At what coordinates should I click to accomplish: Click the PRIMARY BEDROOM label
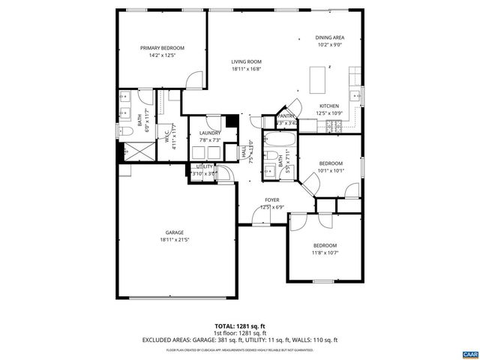click(x=161, y=48)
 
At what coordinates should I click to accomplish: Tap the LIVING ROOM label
click(x=245, y=62)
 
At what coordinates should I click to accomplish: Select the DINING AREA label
click(x=329, y=37)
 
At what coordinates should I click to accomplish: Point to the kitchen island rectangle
click(x=319, y=78)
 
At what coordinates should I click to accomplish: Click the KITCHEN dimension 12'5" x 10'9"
click(x=329, y=113)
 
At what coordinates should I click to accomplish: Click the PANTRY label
click(x=286, y=116)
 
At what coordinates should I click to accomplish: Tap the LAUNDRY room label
click(x=209, y=133)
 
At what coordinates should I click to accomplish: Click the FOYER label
click(x=271, y=200)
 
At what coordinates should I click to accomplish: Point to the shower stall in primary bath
click(x=134, y=150)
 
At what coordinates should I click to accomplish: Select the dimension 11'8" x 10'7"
click(x=325, y=253)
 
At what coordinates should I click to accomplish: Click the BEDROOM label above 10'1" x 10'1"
click(x=331, y=163)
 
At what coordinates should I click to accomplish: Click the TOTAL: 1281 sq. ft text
click(x=239, y=326)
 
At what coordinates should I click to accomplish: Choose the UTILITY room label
click(x=204, y=166)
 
